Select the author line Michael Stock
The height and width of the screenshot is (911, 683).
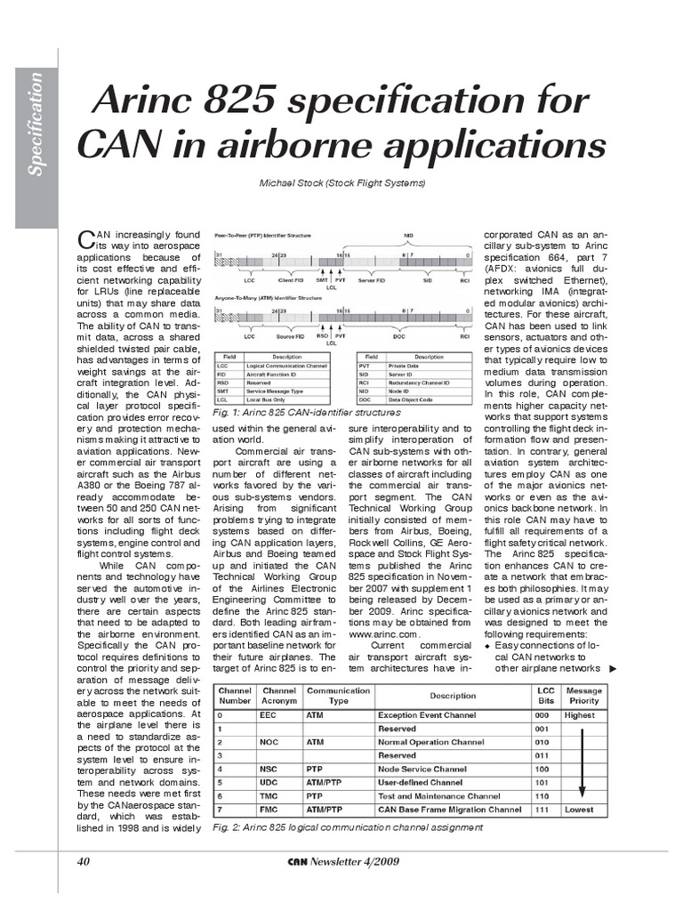[x=342, y=183]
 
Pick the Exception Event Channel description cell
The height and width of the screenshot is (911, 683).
[x=424, y=714]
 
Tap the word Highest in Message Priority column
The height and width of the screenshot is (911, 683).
[x=579, y=714]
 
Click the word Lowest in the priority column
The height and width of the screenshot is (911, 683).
[x=580, y=810]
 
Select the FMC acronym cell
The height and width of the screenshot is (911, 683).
[x=268, y=810]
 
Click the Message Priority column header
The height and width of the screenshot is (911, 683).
[x=583, y=697]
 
